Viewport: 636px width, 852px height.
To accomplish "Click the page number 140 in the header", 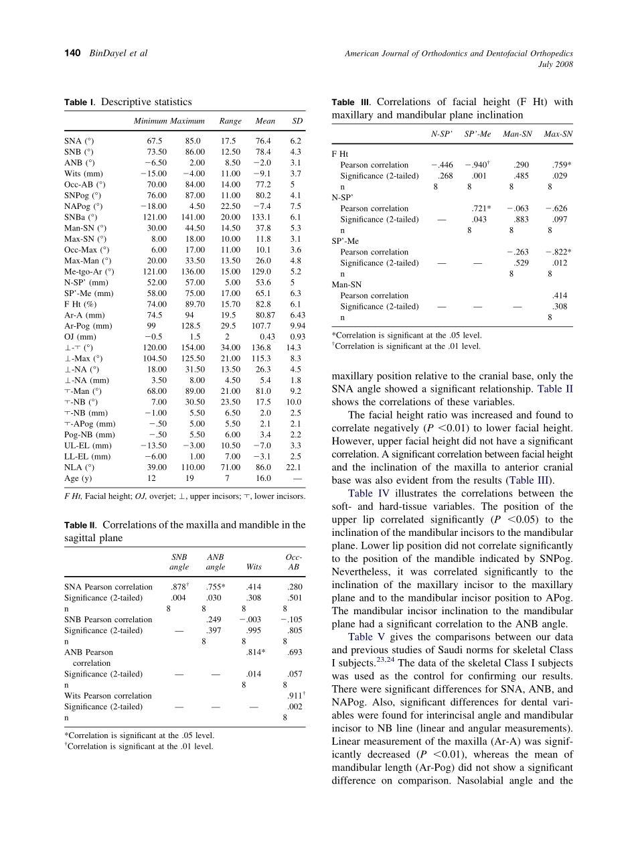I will (72, 53).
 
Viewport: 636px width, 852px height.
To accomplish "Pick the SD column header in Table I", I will (297, 121).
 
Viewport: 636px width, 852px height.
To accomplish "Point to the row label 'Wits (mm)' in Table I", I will (84, 173).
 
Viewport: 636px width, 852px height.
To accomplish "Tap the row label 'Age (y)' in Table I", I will (78, 478).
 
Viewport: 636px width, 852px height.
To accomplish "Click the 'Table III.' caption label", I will (352, 102).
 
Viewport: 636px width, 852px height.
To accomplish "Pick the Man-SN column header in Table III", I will (518, 134).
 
